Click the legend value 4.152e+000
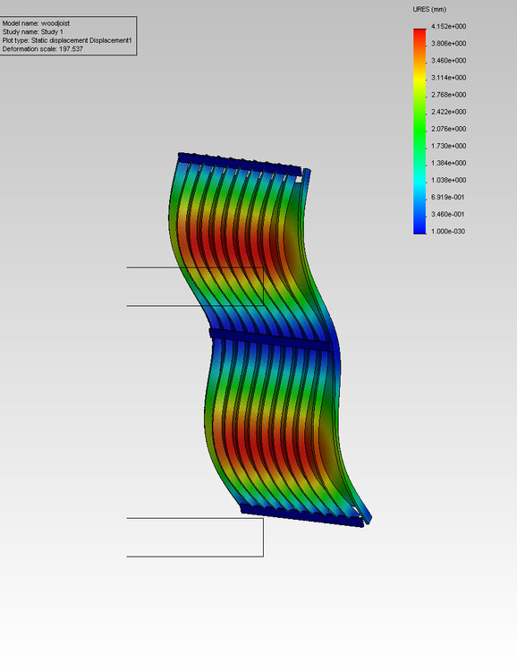tap(448, 27)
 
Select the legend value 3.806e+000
tap(448, 44)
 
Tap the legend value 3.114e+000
tap(448, 78)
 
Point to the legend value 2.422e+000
tap(448, 112)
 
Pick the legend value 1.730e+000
tap(448, 147)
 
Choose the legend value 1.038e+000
tap(448, 180)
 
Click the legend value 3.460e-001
tap(447, 215)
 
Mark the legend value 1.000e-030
tap(447, 232)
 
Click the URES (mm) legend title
tap(429, 10)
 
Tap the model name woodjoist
tap(55, 23)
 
